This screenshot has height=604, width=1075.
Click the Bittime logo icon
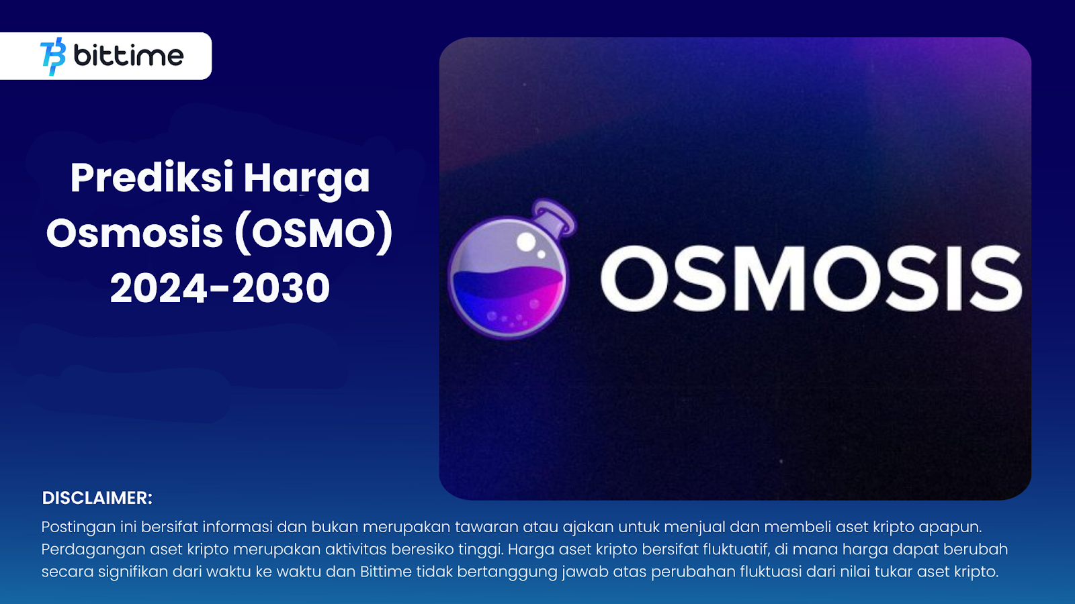click(x=53, y=56)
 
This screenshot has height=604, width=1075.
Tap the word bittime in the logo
click(x=128, y=56)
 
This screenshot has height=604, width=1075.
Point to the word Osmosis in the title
click(x=135, y=233)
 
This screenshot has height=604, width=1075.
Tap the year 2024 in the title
click(x=159, y=288)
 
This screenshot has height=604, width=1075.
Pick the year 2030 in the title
click(x=282, y=288)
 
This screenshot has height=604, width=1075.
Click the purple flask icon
click(x=511, y=269)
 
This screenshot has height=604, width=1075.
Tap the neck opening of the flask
click(x=557, y=215)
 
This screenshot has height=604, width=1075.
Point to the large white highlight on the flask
click(x=527, y=242)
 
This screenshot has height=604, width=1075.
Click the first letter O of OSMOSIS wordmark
click(x=634, y=279)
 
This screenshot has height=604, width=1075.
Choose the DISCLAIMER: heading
click(x=97, y=498)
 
